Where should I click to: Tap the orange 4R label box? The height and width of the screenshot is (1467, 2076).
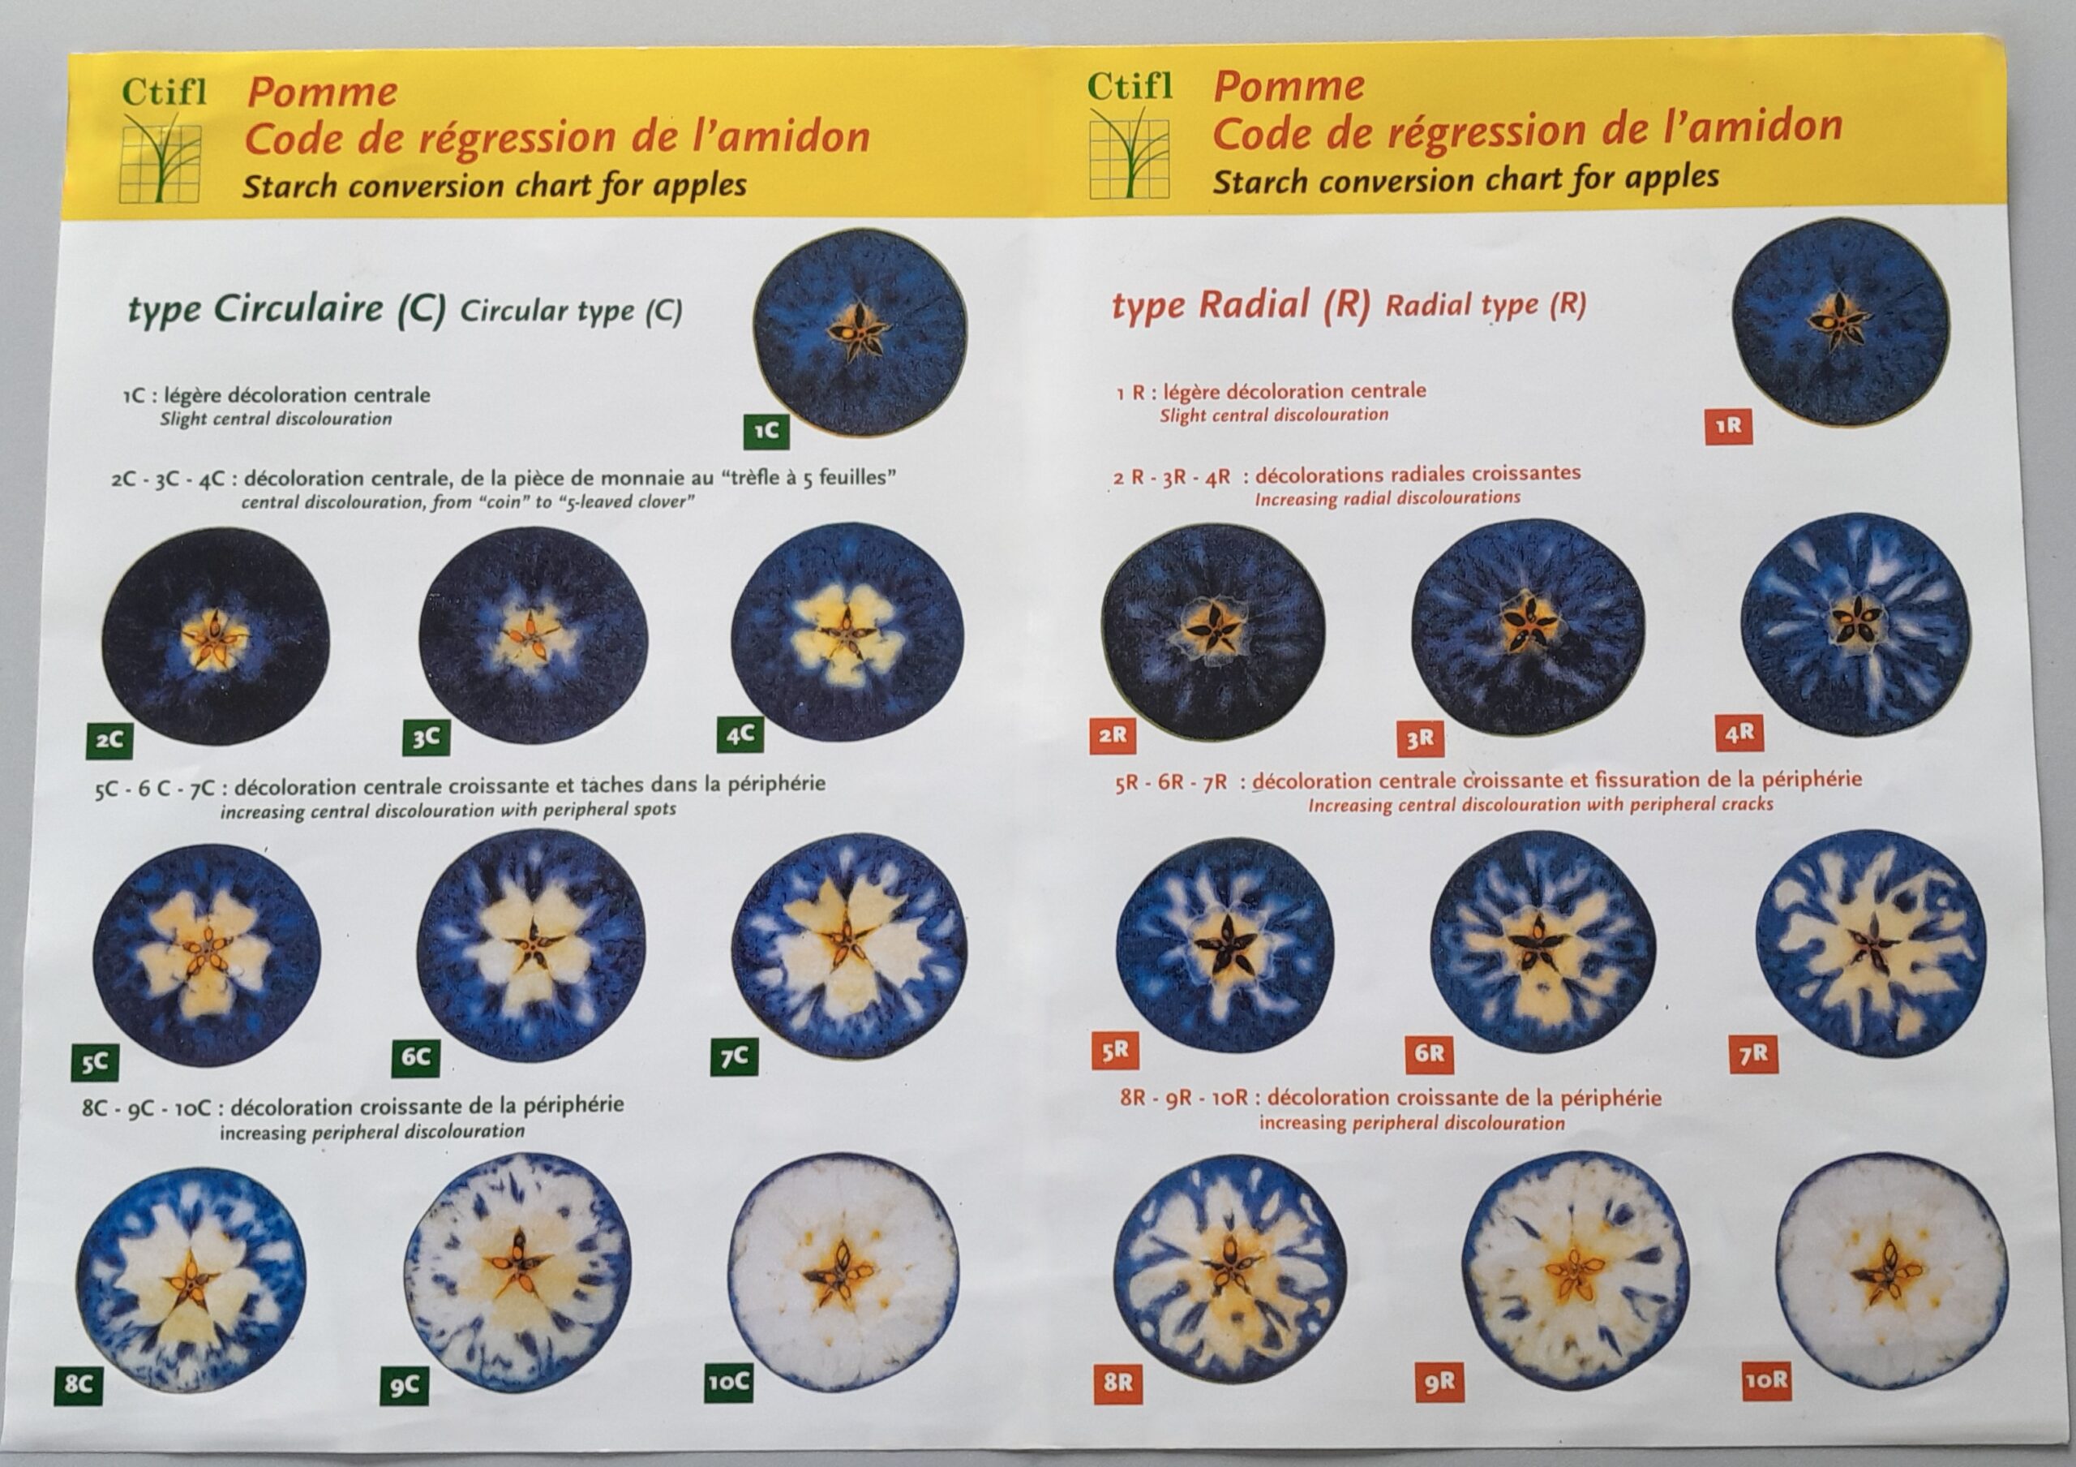tap(1739, 733)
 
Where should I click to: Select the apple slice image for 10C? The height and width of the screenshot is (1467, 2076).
tap(843, 1271)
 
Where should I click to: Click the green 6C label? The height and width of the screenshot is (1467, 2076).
tap(417, 1057)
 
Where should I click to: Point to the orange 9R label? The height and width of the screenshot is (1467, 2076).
tap(1439, 1383)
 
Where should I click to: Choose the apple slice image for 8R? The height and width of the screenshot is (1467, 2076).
tap(1230, 1264)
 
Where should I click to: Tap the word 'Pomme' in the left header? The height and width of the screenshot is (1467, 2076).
tap(322, 92)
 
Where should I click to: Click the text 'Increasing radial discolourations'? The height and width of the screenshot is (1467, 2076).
tap(1387, 498)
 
